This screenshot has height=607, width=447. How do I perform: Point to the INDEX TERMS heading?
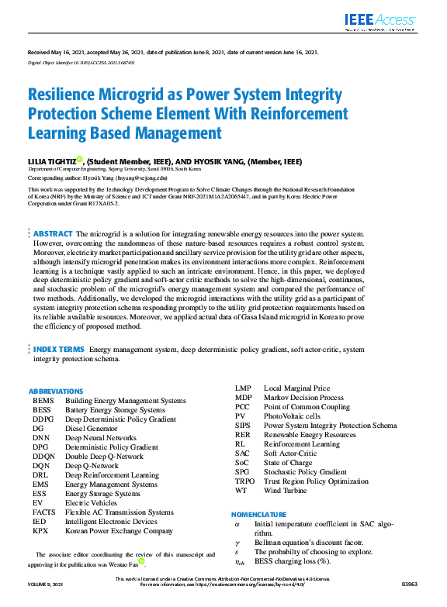59,350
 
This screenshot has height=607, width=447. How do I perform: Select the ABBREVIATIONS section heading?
56,391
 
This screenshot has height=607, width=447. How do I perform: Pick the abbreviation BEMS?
43,401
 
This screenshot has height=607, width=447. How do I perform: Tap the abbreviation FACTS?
45,512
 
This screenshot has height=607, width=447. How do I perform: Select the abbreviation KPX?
41,531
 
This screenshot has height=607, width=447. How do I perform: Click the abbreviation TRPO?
245,481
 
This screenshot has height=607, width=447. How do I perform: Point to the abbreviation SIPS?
243,426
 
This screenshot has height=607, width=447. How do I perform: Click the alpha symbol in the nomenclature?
237,524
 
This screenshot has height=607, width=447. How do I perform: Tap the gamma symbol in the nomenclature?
237,543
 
